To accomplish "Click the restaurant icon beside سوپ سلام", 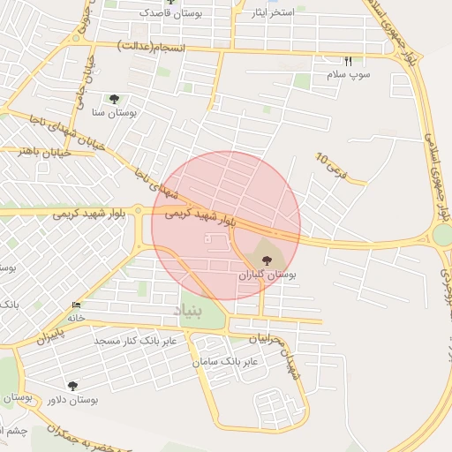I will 348,62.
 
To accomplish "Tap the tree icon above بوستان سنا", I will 114,99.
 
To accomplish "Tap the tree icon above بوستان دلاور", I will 72,385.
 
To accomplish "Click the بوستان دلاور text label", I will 71,400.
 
